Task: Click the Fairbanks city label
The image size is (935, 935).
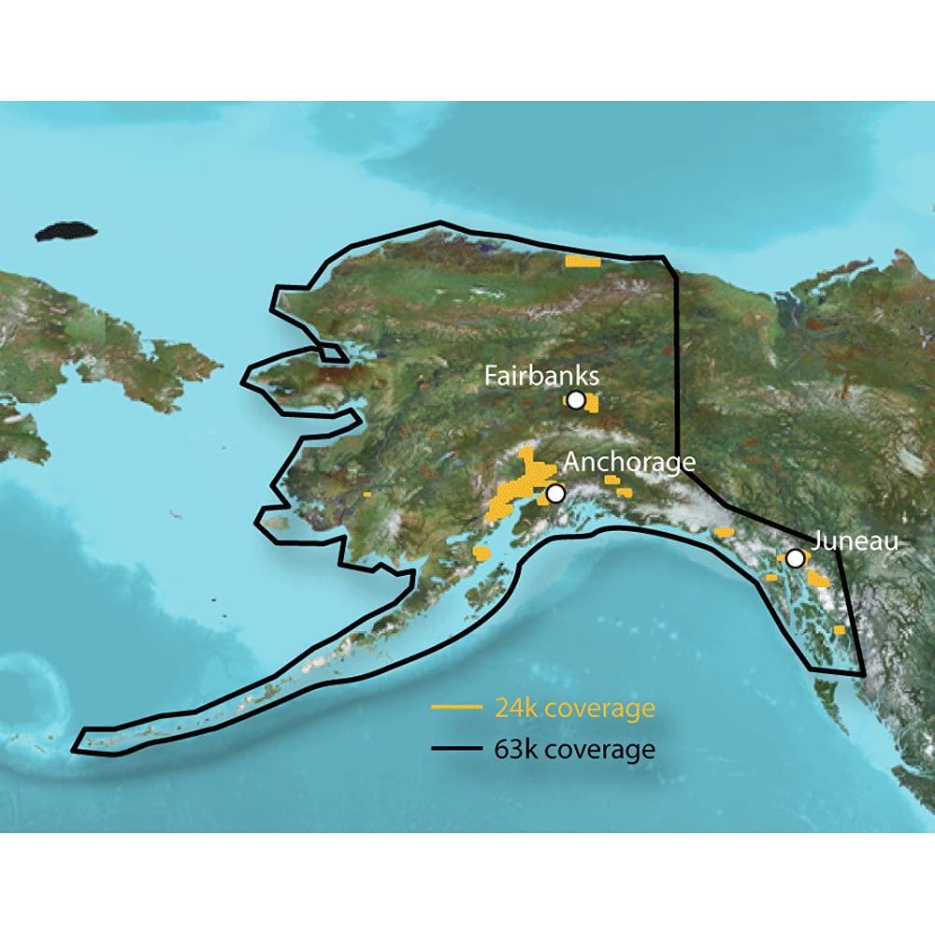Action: coord(540,376)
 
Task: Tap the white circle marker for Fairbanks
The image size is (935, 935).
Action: coord(576,401)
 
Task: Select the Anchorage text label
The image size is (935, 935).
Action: coord(629,462)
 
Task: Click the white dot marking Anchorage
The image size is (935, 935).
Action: coord(555,493)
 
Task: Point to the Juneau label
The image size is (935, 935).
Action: coord(855,540)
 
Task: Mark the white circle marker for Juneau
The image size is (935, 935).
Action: coord(794,558)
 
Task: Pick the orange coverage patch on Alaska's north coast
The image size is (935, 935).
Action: coord(583,261)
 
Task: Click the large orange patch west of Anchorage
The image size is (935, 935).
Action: coord(512,491)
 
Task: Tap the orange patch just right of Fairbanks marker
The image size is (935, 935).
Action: coord(592,404)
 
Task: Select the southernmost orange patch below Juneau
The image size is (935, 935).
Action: coord(840,630)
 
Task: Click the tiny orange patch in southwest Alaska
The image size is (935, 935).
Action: coord(367,493)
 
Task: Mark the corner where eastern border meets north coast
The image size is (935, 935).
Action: coord(664,257)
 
